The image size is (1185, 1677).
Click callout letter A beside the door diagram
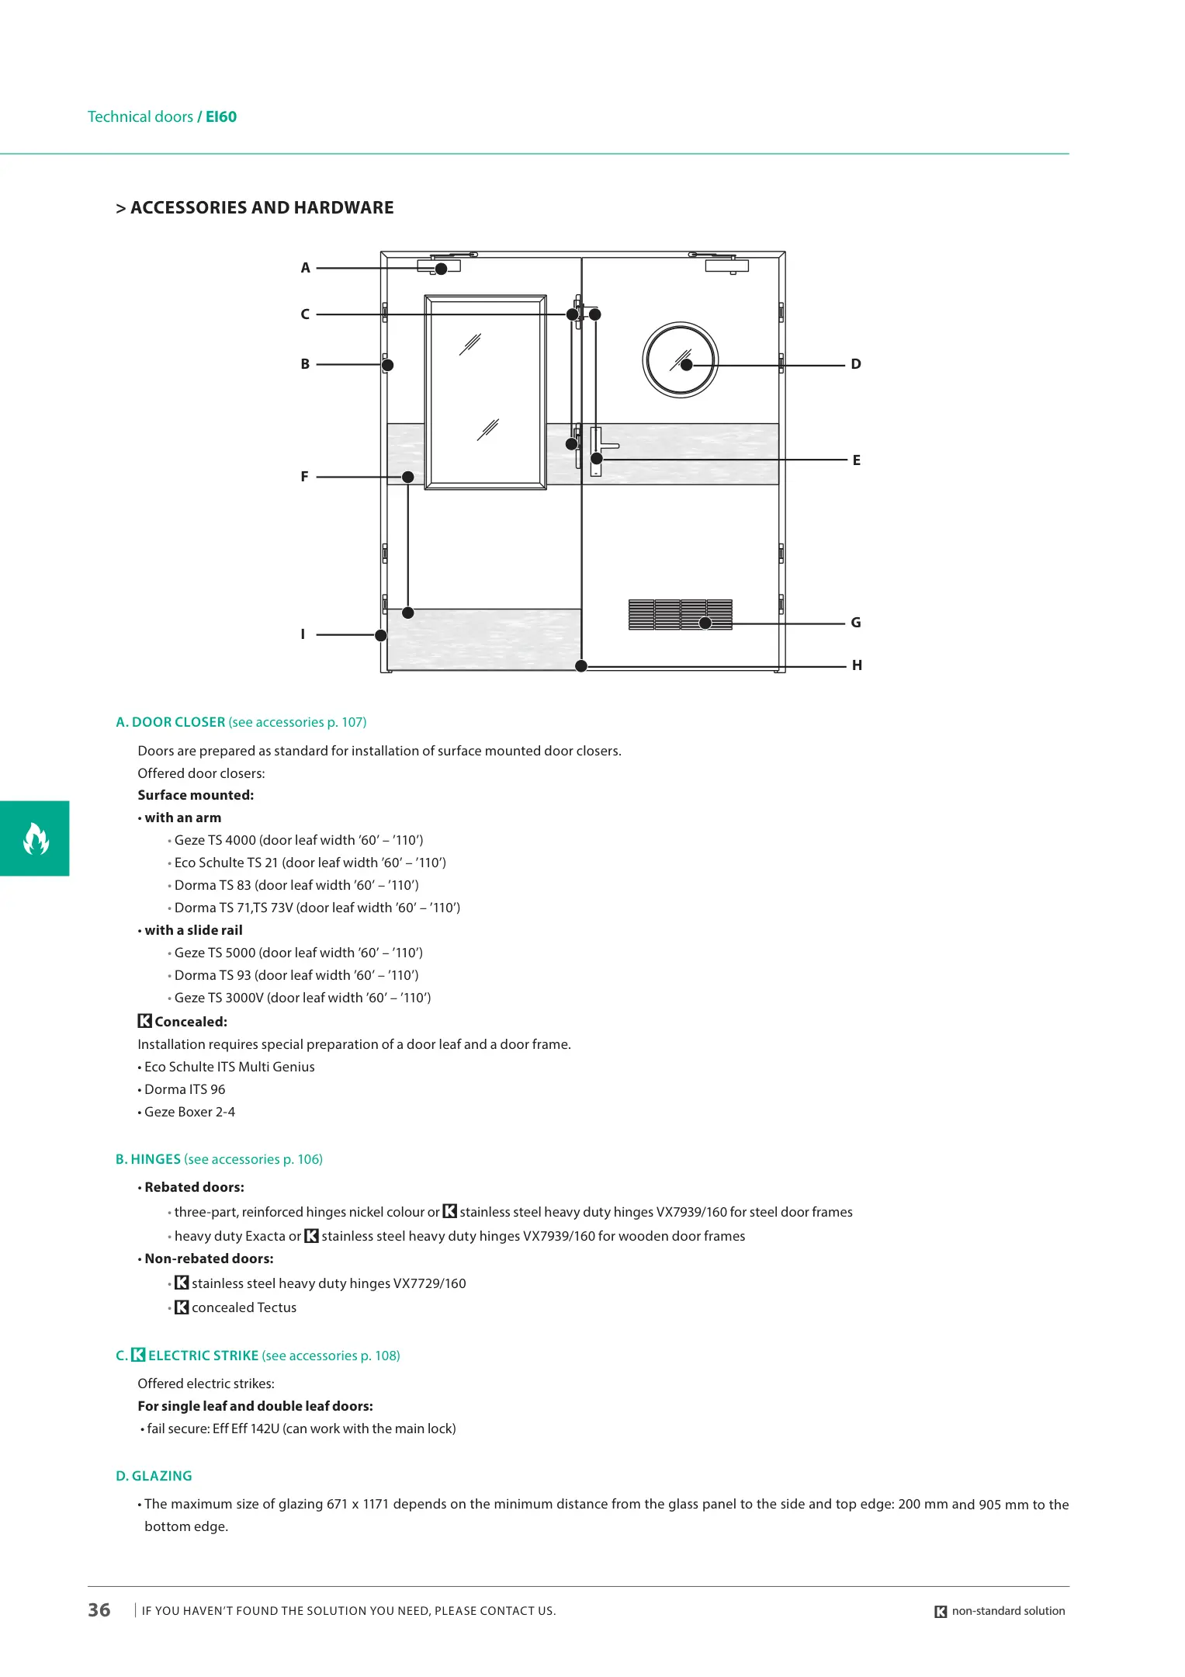(305, 268)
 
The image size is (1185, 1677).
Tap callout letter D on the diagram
(856, 364)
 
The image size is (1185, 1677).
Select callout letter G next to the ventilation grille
(856, 623)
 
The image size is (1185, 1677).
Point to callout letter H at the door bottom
(857, 665)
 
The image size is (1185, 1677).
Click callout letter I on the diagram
(303, 634)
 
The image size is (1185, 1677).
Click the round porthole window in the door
(681, 360)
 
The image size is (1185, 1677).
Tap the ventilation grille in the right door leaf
(680, 614)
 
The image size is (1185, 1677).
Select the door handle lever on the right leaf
(607, 446)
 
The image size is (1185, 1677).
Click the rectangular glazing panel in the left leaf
(485, 392)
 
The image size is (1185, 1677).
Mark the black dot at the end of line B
(387, 365)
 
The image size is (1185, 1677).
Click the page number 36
(99, 1610)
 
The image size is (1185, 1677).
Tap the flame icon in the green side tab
(35, 838)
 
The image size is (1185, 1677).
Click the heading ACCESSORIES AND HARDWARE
(262, 208)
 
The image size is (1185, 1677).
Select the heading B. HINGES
(148, 1159)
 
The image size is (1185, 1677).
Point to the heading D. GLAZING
(154, 1476)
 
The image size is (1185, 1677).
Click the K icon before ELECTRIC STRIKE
(138, 1355)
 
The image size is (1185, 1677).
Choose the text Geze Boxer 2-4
(189, 1112)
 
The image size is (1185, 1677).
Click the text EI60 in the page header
(221, 117)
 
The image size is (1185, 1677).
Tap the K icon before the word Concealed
(144, 1021)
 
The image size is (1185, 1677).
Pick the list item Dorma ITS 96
(185, 1089)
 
